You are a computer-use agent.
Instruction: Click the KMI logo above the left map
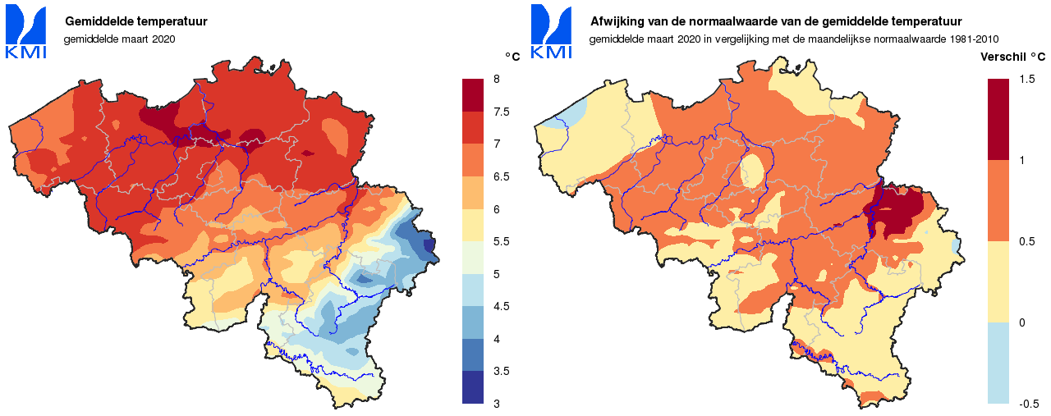point(25,31)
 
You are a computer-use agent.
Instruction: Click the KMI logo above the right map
point(551,31)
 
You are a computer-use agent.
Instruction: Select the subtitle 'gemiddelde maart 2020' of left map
point(120,39)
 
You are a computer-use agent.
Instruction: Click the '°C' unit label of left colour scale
point(512,57)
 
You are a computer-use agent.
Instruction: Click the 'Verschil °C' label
point(1013,57)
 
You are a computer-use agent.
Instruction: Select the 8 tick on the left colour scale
point(495,79)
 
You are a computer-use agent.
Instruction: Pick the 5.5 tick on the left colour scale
point(500,241)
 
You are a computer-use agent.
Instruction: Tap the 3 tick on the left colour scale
point(495,404)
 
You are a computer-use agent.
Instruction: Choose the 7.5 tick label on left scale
point(500,112)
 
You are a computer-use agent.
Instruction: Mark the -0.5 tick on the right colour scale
point(1028,404)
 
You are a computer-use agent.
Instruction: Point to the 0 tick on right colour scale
point(1021,322)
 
